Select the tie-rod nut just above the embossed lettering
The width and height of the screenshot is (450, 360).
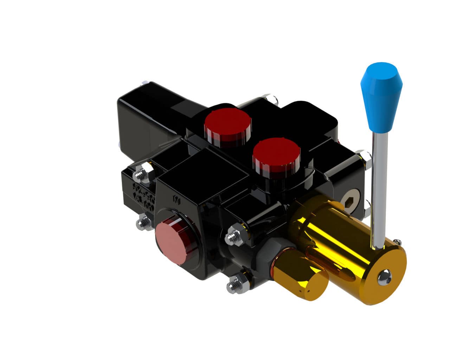point(143,172)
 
